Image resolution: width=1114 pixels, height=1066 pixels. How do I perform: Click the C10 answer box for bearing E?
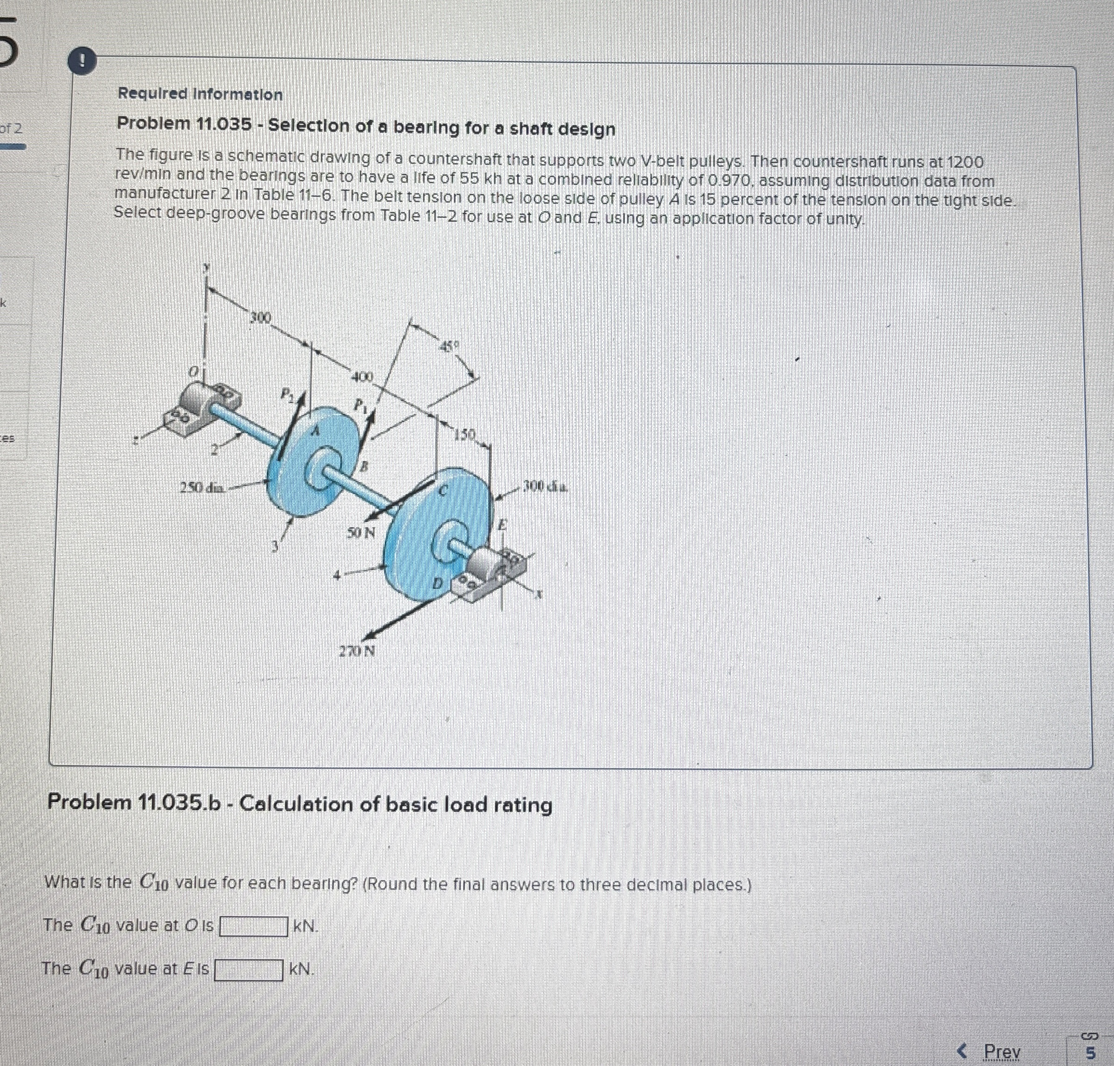click(x=248, y=969)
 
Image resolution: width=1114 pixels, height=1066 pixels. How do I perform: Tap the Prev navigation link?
click(x=1001, y=1051)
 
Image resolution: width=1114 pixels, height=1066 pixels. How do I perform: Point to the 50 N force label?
click(x=361, y=533)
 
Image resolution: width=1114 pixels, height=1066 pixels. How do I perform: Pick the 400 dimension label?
click(x=362, y=377)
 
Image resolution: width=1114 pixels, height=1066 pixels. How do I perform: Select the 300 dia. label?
click(x=544, y=487)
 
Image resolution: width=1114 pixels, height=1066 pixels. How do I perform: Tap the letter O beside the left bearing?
click(x=194, y=371)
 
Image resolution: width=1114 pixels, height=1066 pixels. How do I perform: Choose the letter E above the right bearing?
click(x=502, y=526)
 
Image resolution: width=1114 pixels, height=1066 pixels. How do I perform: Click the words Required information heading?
click(x=200, y=94)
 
